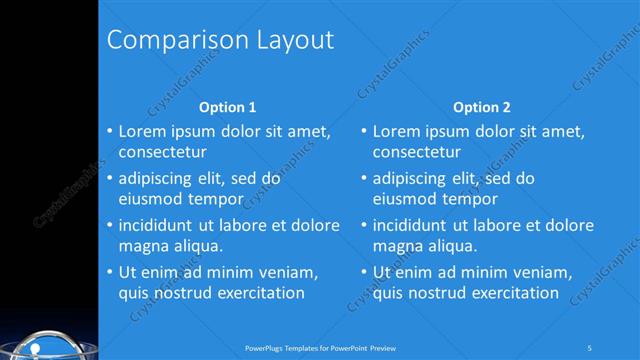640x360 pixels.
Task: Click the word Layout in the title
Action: [x=290, y=40]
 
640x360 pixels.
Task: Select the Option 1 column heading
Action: [x=227, y=107]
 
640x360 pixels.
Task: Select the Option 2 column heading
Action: [x=481, y=107]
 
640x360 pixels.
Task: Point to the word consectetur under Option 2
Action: [x=417, y=153]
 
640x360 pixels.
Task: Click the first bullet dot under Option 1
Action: [x=109, y=132]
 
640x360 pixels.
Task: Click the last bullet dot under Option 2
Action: [x=363, y=272]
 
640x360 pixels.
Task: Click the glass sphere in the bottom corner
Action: [x=45, y=345]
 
